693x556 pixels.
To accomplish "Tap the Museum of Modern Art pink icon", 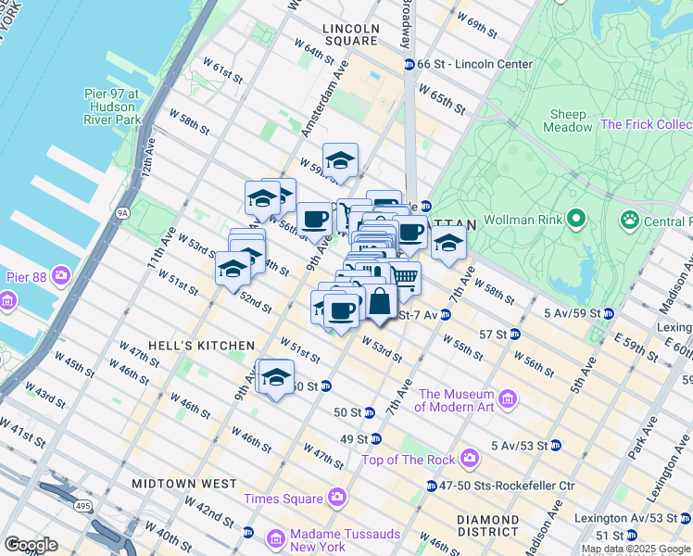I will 508,399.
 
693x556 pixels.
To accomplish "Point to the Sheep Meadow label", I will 568,121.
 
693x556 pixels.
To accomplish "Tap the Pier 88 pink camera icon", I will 62,276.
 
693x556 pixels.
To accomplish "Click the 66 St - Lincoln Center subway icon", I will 409,64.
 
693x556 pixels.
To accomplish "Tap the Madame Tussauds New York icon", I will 276,538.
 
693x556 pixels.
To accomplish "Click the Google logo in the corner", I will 31,545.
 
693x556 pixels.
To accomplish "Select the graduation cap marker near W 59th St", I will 340,161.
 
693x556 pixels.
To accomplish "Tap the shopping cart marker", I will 403,277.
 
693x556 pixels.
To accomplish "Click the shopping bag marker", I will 380,300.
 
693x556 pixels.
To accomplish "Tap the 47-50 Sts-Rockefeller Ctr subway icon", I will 432,486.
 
